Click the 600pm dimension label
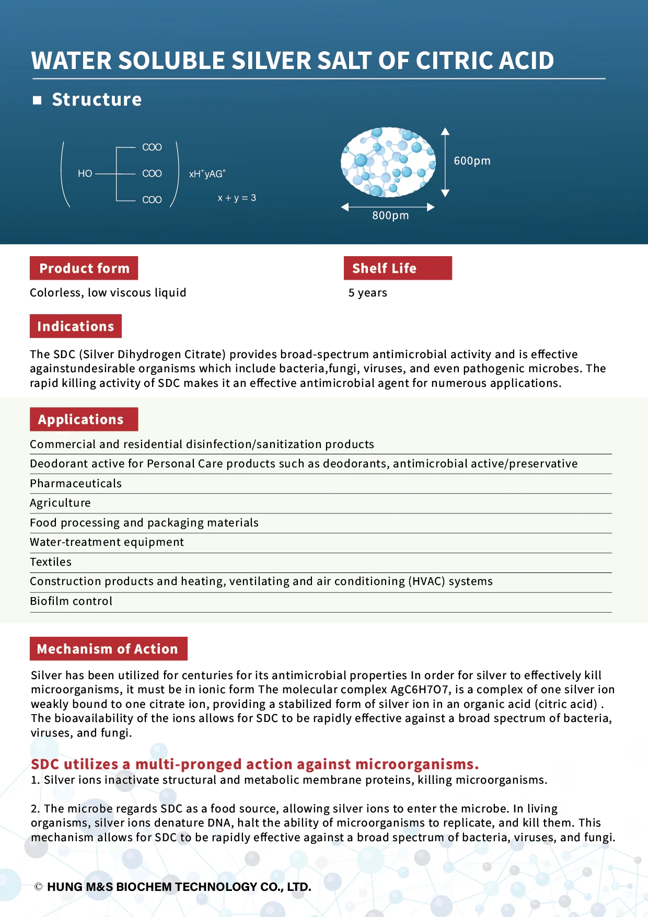(472, 161)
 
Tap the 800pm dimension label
(390, 215)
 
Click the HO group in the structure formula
(85, 174)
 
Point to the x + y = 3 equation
(237, 198)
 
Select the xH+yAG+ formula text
(207, 174)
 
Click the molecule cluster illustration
(388, 162)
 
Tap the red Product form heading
(84, 268)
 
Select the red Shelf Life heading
(397, 268)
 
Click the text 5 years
(367, 293)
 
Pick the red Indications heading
(76, 326)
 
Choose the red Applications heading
(84, 419)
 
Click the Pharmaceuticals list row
(76, 484)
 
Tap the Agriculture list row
(60, 503)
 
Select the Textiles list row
(51, 562)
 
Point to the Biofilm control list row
(71, 601)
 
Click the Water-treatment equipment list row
(107, 542)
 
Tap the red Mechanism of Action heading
(108, 649)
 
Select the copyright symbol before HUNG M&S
(38, 887)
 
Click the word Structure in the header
(97, 99)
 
